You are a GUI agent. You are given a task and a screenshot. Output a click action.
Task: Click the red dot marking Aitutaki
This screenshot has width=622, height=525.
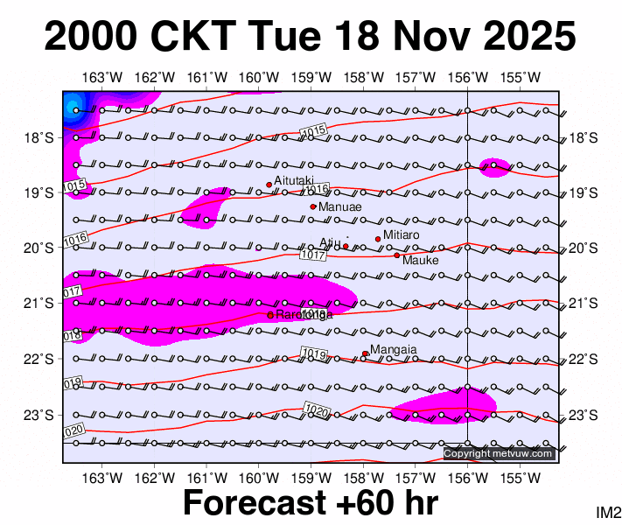pyautogui.click(x=269, y=185)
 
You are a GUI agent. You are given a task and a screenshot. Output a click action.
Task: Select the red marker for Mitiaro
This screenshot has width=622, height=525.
pyautogui.click(x=378, y=239)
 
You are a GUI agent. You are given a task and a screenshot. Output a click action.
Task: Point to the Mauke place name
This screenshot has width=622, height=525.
pyautogui.click(x=420, y=260)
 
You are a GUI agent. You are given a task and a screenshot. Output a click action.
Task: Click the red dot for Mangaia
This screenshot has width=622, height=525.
pyautogui.click(x=365, y=353)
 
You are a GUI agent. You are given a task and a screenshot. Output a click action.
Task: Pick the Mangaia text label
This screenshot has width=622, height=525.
pyautogui.click(x=393, y=350)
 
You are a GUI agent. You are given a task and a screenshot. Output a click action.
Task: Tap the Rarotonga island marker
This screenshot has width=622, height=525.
pyautogui.click(x=269, y=314)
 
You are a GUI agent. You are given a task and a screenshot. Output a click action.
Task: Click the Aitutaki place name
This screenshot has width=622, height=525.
pyautogui.click(x=294, y=180)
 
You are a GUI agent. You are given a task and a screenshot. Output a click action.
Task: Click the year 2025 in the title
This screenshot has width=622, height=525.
pyautogui.click(x=523, y=38)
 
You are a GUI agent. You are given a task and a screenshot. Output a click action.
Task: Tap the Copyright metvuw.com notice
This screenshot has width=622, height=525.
pyautogui.click(x=499, y=453)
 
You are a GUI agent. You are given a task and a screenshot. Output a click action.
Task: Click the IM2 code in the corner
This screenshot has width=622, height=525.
pyautogui.click(x=607, y=513)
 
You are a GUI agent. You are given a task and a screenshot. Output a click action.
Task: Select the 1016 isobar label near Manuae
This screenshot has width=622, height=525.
pyautogui.click(x=318, y=189)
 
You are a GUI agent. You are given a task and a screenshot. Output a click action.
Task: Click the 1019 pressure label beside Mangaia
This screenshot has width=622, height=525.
pyautogui.click(x=313, y=353)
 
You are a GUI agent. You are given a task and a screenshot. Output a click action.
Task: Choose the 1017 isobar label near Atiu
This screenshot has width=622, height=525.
pyautogui.click(x=312, y=255)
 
